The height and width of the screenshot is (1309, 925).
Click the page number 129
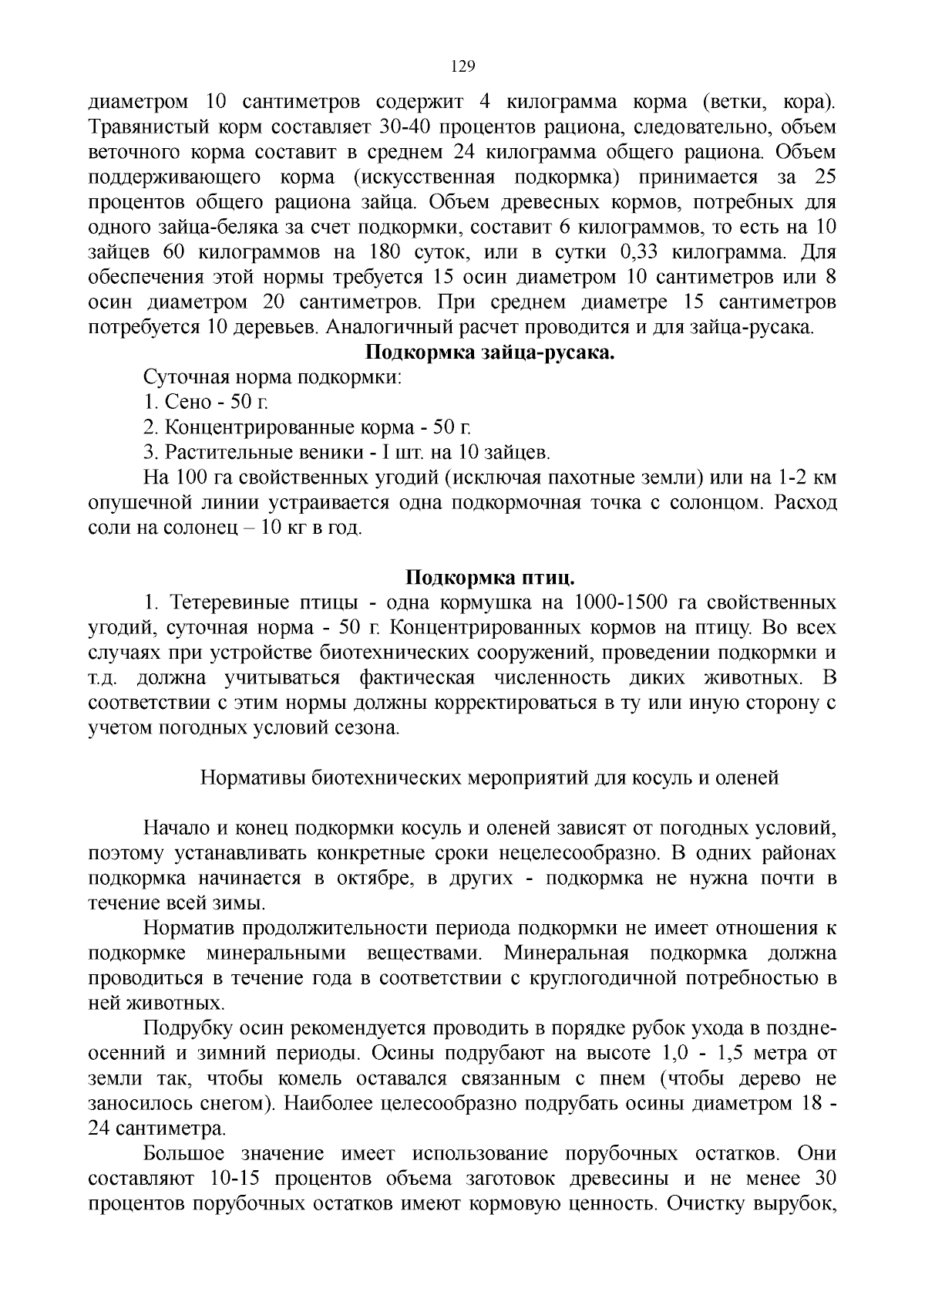[x=462, y=66]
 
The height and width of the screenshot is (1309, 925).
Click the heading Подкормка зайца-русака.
[x=489, y=353]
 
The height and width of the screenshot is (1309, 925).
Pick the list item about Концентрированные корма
[x=307, y=427]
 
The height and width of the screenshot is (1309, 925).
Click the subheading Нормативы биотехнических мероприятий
[x=489, y=778]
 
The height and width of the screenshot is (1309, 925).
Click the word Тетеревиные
[x=227, y=602]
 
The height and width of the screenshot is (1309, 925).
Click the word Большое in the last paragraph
[x=185, y=1154]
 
